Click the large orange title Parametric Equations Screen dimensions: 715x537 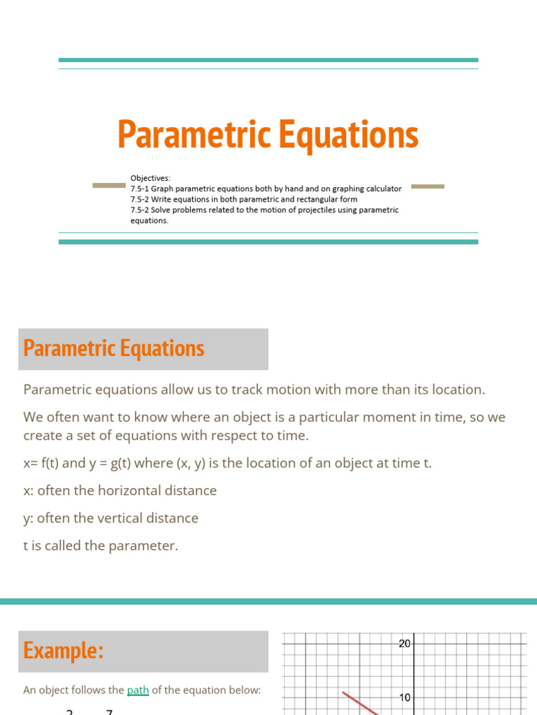pos(268,134)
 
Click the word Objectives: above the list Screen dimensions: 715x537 pos(150,179)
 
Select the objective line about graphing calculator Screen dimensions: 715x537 pos(266,189)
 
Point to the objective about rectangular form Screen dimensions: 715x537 pos(243,200)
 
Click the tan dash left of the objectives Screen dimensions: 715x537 pos(109,186)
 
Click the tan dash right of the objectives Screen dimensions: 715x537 pos(427,186)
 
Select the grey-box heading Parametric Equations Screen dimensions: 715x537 pos(114,348)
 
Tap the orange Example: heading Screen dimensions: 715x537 pos(64,651)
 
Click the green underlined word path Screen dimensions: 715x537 pos(138,691)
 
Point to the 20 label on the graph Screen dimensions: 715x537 pos(404,644)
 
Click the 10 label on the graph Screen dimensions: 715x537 pos(404,698)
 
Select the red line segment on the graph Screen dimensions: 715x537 pos(359,703)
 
